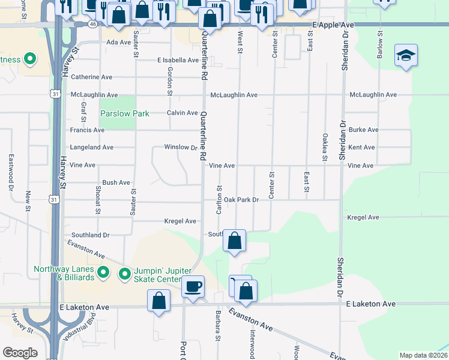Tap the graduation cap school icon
point(406,56)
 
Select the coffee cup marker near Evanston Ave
point(193,287)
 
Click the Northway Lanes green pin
point(103,273)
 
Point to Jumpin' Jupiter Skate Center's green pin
point(125,274)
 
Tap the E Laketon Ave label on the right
point(371,304)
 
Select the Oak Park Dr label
point(237,199)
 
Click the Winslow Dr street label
point(181,147)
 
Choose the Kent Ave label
point(361,147)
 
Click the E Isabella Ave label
point(178,60)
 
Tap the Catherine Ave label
point(92,77)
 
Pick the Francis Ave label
point(87,130)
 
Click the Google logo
point(20,353)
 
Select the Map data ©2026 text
point(423,355)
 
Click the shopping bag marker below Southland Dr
point(235,241)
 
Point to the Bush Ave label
point(116,182)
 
